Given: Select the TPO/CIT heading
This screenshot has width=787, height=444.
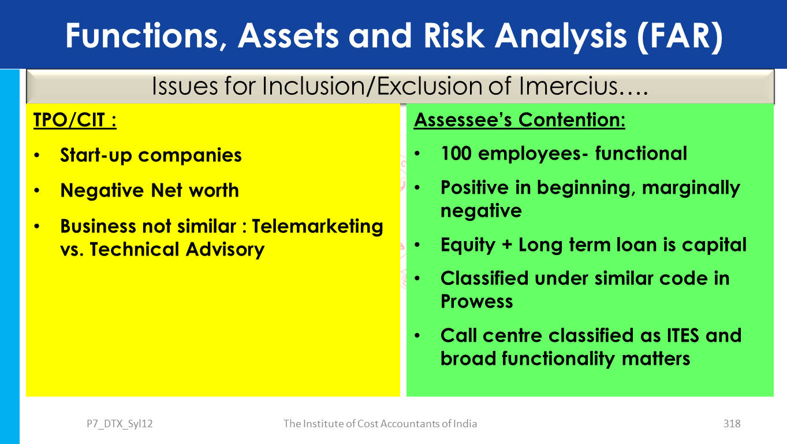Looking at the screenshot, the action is tap(75, 120).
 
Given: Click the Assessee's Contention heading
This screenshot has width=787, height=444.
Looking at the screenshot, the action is tap(519, 120).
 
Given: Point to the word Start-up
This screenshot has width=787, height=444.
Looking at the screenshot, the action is tap(96, 155).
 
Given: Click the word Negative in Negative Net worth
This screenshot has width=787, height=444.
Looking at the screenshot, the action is tap(102, 190).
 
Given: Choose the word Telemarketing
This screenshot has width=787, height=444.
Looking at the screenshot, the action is tap(317, 226).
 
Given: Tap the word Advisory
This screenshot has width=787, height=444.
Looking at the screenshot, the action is tap(225, 250).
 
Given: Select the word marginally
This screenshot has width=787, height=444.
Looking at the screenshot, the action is tap(691, 188).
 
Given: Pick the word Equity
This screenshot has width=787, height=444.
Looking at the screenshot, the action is tap(468, 245).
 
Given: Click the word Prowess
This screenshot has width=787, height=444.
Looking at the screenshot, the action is tap(477, 301).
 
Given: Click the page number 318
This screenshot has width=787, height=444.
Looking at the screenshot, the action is tap(732, 424).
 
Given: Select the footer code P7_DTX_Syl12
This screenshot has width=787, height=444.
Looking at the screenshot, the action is tap(120, 424).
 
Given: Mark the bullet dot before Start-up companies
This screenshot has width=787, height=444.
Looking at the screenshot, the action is tap(37, 155).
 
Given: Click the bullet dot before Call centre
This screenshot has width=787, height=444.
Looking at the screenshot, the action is tap(417, 335).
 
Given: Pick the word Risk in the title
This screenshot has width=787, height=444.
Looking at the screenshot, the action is tap(454, 35).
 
